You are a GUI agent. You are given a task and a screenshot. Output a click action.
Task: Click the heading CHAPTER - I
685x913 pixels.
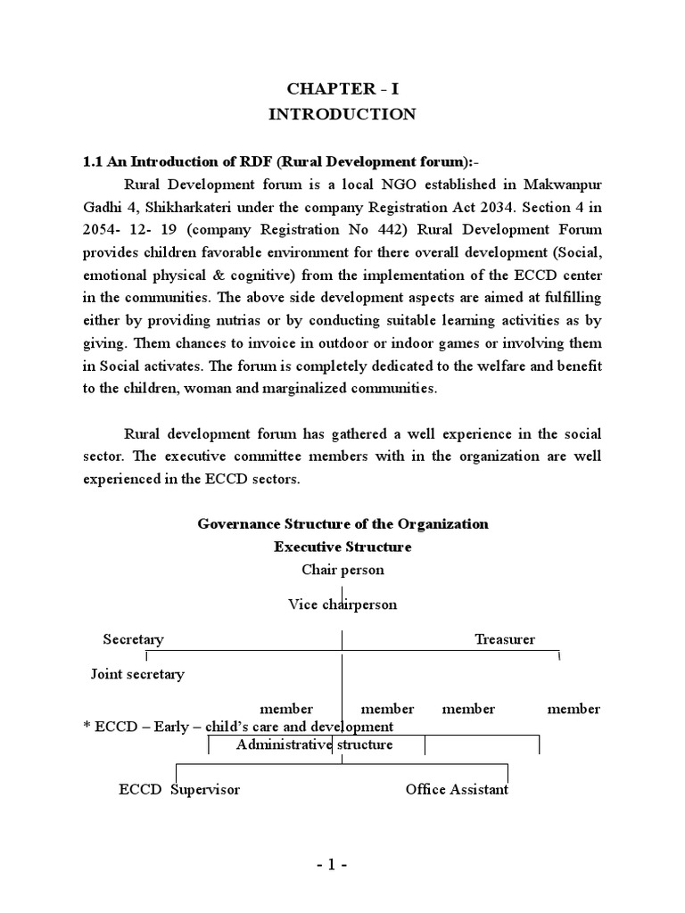pyautogui.click(x=342, y=88)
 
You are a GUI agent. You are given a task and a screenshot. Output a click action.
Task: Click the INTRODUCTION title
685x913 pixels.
pyautogui.click(x=342, y=114)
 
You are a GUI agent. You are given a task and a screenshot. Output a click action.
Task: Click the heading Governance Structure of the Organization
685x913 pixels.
pyautogui.click(x=342, y=524)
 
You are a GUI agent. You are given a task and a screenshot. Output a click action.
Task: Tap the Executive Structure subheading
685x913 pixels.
pyautogui.click(x=342, y=547)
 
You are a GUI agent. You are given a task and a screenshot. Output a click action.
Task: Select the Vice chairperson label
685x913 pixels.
pyautogui.click(x=342, y=605)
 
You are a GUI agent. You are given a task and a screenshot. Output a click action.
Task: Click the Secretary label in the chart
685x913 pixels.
pyautogui.click(x=133, y=639)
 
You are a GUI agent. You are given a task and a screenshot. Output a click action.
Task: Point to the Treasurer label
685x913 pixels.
pyautogui.click(x=505, y=639)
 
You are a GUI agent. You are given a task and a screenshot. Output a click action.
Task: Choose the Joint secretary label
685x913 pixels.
pyautogui.click(x=137, y=674)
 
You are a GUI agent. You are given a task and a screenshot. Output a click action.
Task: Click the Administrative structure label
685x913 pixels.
pyautogui.click(x=314, y=744)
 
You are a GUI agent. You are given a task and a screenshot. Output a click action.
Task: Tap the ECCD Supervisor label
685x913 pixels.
pyautogui.click(x=179, y=790)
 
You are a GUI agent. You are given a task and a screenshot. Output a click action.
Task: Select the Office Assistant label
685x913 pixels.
pyautogui.click(x=457, y=790)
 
